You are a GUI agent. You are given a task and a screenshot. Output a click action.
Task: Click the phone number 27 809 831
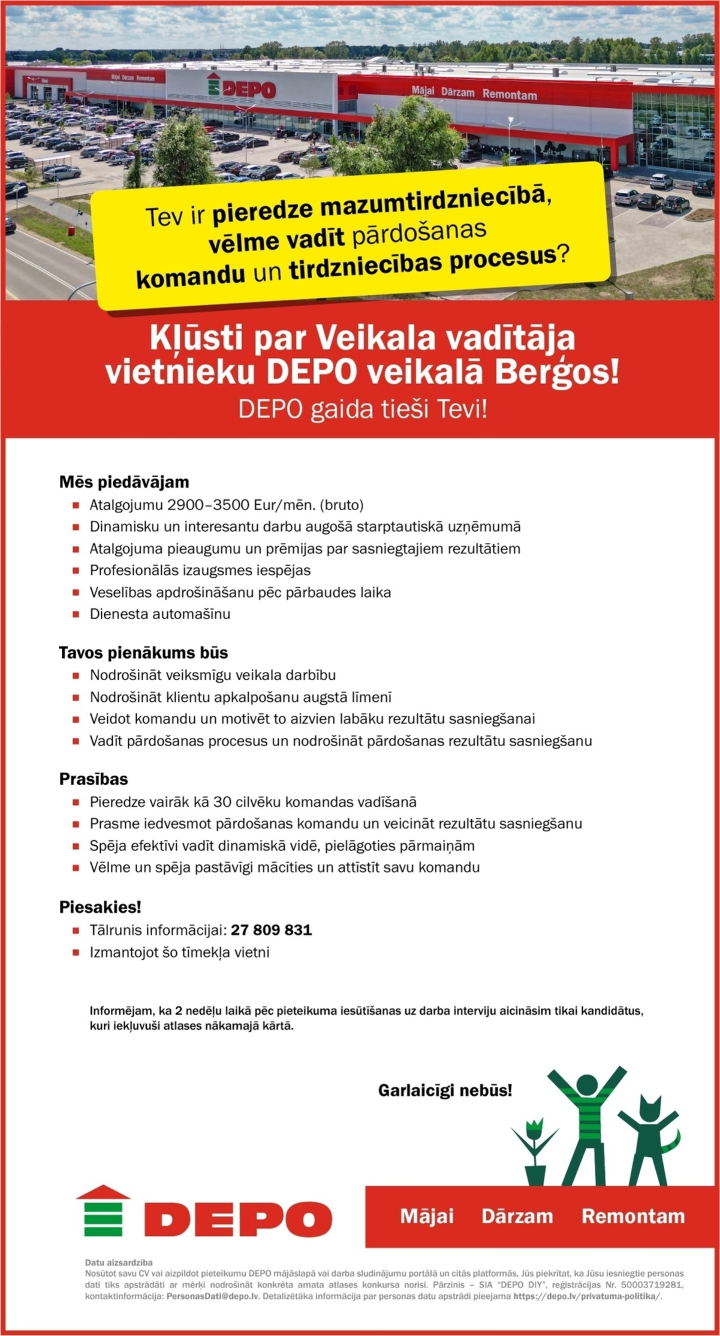[x=271, y=930]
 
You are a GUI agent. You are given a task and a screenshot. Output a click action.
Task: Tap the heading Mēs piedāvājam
[x=124, y=482]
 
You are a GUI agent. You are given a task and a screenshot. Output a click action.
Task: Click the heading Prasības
[x=94, y=779]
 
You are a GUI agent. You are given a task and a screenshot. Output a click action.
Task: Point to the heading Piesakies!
[x=100, y=907]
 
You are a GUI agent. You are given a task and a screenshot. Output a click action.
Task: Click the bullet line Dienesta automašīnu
[x=160, y=614]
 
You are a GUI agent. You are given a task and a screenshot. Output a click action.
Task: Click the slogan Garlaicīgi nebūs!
[x=445, y=1090]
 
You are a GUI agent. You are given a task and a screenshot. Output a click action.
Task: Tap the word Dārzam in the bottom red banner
[x=517, y=1216]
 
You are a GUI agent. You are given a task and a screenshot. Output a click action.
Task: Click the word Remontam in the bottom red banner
[x=632, y=1216]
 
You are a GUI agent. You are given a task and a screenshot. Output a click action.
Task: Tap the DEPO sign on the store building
[x=242, y=88]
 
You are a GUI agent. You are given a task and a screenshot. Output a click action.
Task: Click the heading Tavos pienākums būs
[x=143, y=652]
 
